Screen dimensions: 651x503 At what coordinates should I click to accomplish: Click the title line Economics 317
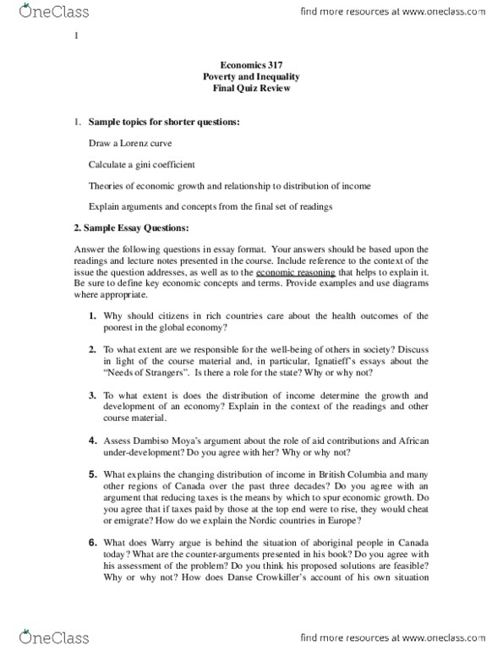point(251,65)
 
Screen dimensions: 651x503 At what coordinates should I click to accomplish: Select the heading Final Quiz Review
point(251,89)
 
